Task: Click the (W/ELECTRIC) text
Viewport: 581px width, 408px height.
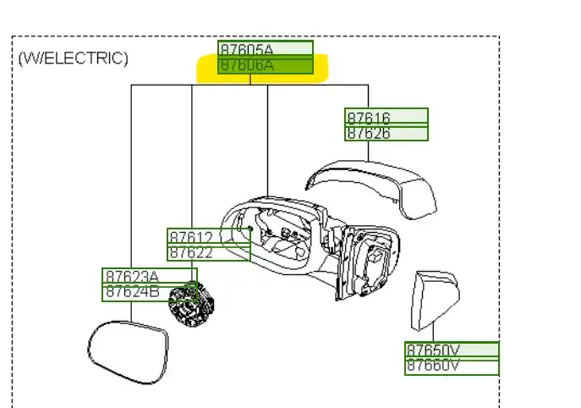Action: pyautogui.click(x=74, y=58)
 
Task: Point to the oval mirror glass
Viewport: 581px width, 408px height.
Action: pyautogui.click(x=128, y=352)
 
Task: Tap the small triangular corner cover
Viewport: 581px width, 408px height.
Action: pyautogui.click(x=435, y=300)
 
